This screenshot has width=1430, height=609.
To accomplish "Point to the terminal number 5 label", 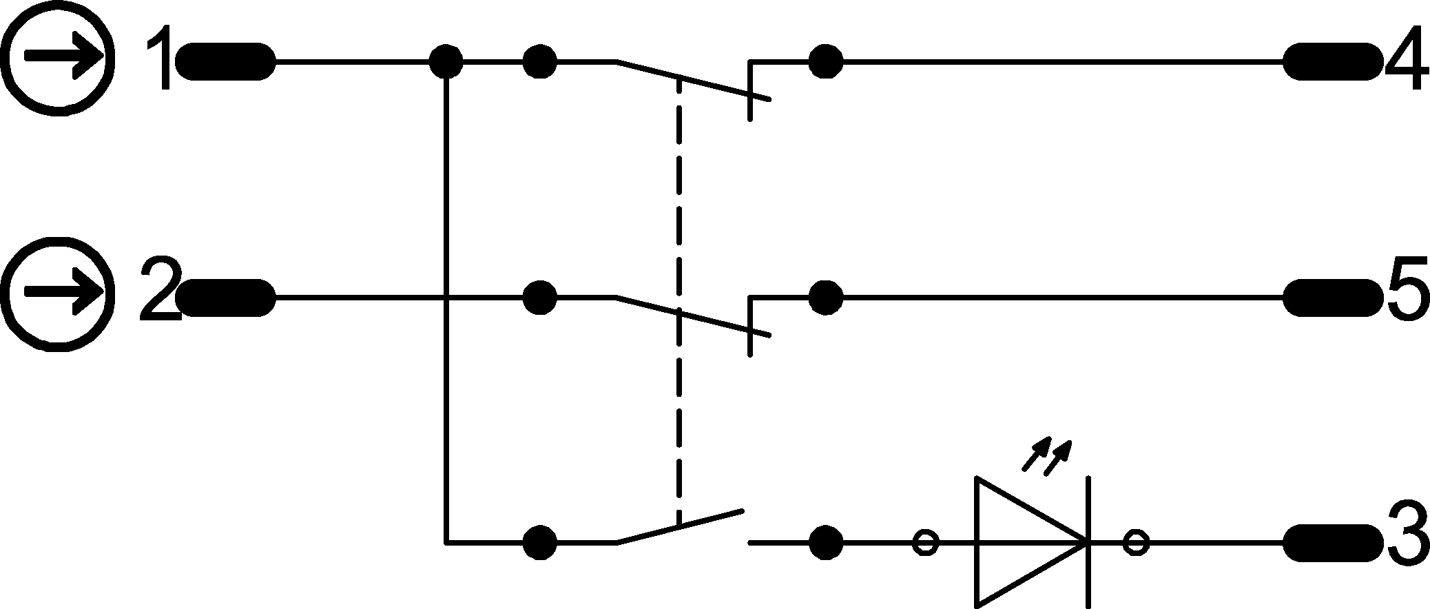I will click(1407, 298).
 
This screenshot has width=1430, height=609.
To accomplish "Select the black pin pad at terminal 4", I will click(1320, 62).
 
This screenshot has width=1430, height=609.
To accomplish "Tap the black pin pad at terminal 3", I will click(1320, 543).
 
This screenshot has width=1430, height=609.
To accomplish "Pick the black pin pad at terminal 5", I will click(1320, 298).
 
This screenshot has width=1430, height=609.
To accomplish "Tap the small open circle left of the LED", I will click(925, 543).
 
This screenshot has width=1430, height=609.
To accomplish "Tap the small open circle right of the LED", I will click(1136, 543).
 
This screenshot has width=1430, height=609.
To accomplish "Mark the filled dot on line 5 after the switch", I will click(825, 298).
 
